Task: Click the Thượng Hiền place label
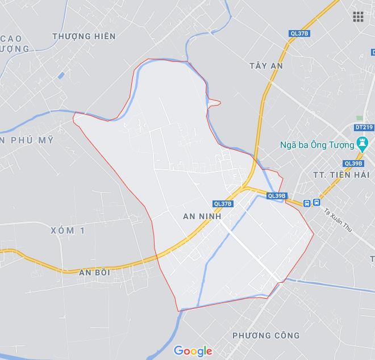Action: coord(84,36)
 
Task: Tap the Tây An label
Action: coord(266,66)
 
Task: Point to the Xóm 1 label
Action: coord(66,230)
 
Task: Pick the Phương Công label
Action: coord(266,336)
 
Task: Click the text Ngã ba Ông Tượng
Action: coord(317,144)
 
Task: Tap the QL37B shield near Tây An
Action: coord(299,34)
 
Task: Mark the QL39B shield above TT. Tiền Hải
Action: coord(353,164)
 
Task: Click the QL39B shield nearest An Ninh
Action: coord(277,196)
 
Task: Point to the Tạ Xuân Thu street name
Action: coord(336,218)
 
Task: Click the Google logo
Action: coord(193,351)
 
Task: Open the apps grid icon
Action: coord(358,16)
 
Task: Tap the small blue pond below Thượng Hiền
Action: coord(61,76)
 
